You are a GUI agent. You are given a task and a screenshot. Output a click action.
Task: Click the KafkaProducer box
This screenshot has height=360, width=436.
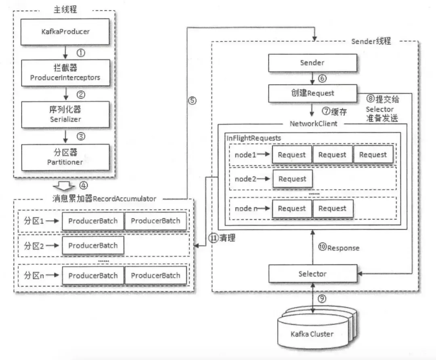(65, 31)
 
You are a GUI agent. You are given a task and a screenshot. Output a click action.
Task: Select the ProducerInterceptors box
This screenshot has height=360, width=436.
(65, 73)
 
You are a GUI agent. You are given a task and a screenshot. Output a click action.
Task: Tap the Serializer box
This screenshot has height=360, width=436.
(65, 114)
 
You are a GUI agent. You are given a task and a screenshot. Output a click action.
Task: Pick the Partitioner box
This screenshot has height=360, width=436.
(65, 157)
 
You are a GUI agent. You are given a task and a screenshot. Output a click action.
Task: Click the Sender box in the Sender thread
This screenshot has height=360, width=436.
(312, 63)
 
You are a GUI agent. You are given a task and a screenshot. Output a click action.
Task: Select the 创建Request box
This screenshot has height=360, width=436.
(312, 93)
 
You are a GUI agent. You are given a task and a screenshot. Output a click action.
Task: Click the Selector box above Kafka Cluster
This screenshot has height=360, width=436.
(312, 274)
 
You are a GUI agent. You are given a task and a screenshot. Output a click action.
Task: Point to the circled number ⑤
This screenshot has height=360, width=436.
(193, 101)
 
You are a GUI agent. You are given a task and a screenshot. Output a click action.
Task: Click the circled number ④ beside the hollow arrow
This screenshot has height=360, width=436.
(83, 186)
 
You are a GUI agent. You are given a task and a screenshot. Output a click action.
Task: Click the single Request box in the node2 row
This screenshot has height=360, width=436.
(292, 179)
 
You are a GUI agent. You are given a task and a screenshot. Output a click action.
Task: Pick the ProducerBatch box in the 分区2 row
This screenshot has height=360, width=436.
(93, 246)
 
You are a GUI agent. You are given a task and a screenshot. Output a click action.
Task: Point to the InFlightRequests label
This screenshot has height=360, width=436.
(254, 138)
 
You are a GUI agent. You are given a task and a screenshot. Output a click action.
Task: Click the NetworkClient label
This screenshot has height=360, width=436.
(313, 124)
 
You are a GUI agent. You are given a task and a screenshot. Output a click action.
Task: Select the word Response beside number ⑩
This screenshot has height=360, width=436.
(343, 248)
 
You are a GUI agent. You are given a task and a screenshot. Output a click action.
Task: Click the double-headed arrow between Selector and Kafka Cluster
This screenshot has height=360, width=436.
(313, 299)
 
